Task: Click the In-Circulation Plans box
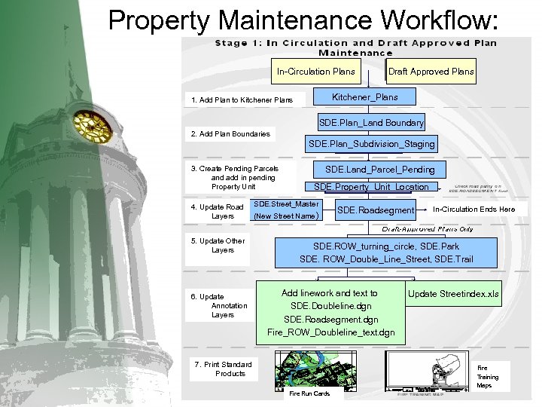316,72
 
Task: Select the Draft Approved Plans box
431,72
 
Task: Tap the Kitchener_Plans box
365,97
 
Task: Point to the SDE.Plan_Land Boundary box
371,122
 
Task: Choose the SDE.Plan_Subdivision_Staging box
371,144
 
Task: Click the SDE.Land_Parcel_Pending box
379,170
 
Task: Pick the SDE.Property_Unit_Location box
371,186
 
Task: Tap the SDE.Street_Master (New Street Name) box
286,210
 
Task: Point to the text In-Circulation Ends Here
474,210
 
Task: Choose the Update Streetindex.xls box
453,294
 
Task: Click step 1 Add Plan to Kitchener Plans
242,99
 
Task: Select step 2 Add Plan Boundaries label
230,134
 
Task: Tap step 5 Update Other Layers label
218,246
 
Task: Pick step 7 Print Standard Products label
223,369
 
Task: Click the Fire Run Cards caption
309,393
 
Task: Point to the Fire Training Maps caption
488,377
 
